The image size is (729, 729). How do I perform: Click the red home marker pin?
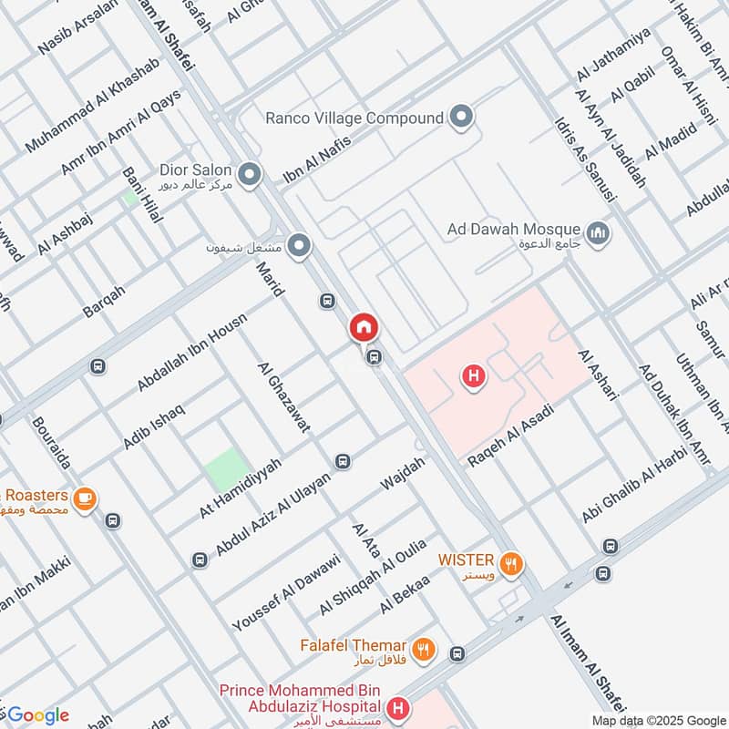[x=363, y=327]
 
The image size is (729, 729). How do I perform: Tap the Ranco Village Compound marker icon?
[x=462, y=118]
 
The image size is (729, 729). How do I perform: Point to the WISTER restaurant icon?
[x=511, y=563]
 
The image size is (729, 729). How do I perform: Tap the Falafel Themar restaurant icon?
[x=422, y=650]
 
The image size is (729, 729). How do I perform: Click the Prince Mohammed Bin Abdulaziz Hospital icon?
[x=397, y=707]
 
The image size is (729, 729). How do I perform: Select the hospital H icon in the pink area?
[x=472, y=375]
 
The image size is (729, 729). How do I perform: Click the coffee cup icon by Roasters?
[x=86, y=499]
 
